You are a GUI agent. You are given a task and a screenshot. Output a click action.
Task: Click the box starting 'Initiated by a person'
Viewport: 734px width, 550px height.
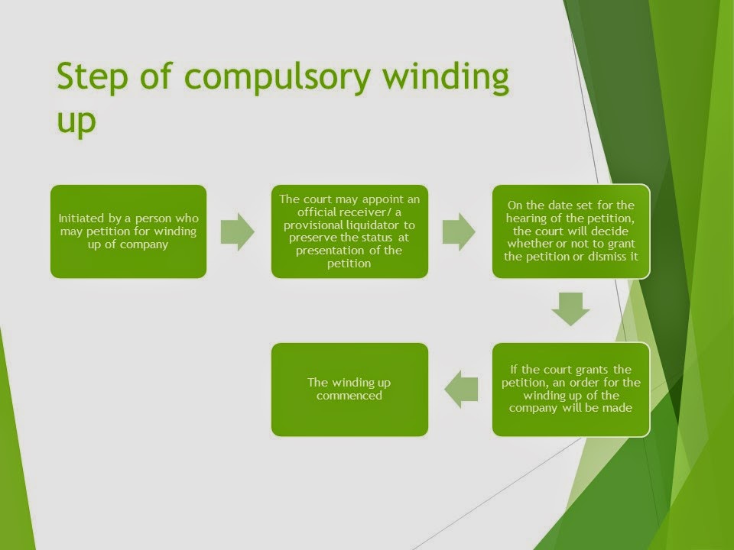tap(128, 231)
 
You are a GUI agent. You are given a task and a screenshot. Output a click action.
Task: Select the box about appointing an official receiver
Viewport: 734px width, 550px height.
tap(349, 231)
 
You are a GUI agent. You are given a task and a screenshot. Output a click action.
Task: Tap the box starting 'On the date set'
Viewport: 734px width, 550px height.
tap(570, 231)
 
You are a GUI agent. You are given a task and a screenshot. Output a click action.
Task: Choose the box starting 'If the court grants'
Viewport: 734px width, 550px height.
tap(570, 390)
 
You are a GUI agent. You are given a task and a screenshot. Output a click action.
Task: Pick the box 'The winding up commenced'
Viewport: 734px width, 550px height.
tap(349, 390)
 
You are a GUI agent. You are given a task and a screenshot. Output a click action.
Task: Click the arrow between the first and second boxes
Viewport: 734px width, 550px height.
tap(238, 231)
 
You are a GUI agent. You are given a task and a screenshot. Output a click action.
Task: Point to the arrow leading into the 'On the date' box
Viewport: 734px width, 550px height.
tap(459, 231)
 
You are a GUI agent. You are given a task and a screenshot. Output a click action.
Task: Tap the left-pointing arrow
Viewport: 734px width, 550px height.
tap(461, 390)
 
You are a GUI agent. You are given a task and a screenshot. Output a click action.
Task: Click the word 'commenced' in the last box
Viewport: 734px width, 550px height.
tap(349, 396)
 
